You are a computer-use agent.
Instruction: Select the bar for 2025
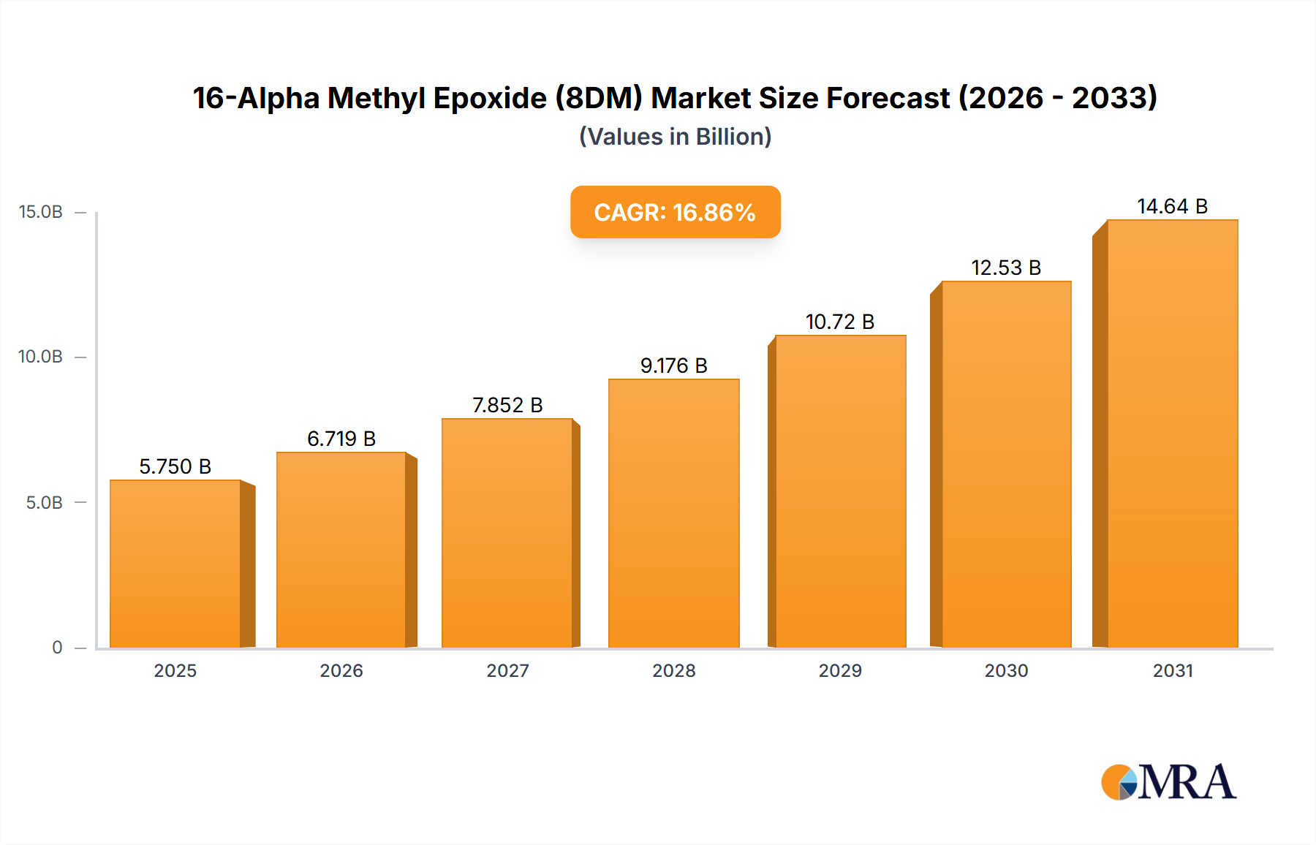click(x=175, y=564)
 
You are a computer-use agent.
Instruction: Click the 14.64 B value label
click(x=1172, y=207)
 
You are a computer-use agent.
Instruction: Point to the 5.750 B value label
click(x=175, y=466)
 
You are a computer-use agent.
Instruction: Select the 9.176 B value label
click(x=673, y=365)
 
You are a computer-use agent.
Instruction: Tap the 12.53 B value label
click(x=1006, y=268)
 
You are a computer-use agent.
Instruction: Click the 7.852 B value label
click(x=507, y=405)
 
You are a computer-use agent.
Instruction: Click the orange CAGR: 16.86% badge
click(x=675, y=212)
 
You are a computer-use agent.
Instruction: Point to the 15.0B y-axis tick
click(x=41, y=212)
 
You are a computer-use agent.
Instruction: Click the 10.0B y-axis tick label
click(x=41, y=357)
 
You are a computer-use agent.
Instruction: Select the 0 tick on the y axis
click(x=57, y=647)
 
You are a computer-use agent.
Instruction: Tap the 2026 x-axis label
click(x=341, y=670)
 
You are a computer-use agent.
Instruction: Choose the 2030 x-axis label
click(x=1006, y=670)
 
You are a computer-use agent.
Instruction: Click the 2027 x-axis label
click(x=507, y=670)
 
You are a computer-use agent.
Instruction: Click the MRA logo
click(x=1168, y=782)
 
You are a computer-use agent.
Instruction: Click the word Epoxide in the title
click(x=490, y=98)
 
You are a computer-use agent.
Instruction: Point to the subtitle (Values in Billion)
click(x=675, y=137)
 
